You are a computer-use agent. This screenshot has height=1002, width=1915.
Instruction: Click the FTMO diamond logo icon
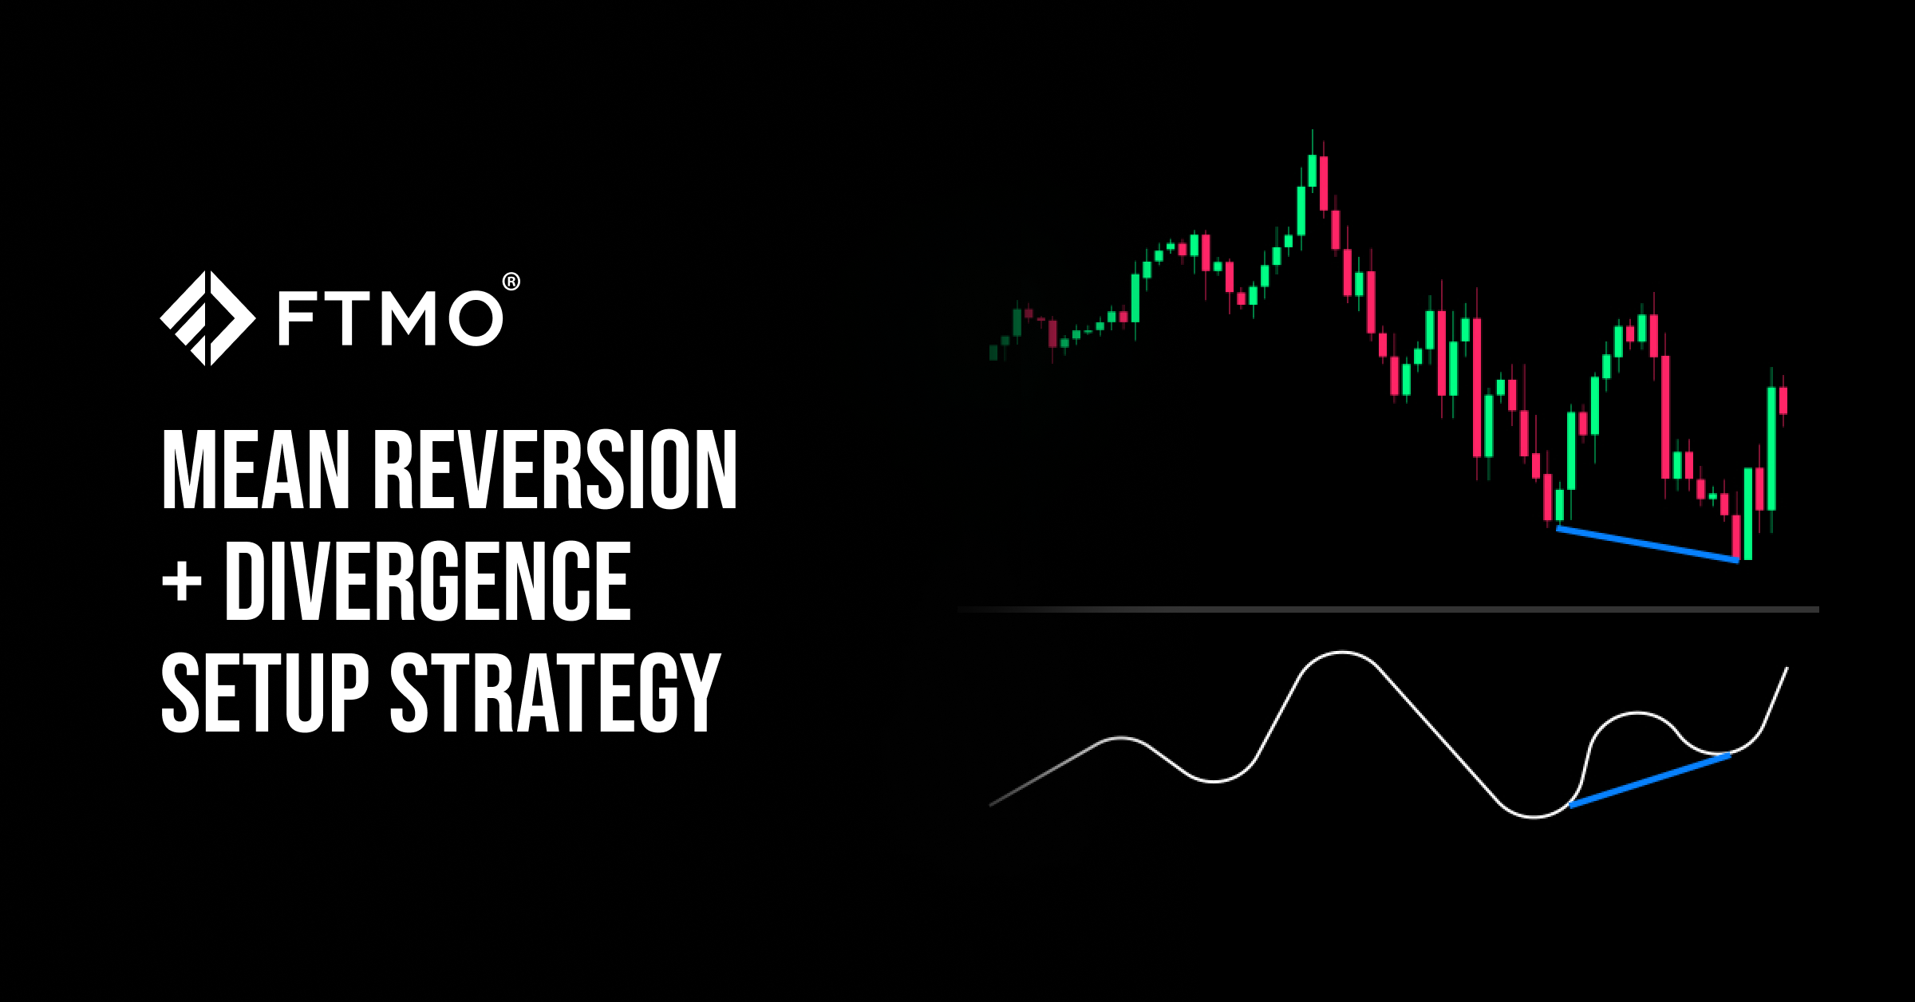point(207,318)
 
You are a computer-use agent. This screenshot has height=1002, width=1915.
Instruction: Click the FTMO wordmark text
point(390,320)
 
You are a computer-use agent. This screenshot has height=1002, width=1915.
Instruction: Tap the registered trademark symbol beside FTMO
point(511,282)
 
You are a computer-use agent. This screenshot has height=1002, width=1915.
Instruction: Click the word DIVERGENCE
point(428,582)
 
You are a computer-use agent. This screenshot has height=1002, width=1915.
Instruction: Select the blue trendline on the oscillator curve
point(1649,779)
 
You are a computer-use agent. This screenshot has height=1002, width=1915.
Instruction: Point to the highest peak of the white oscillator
point(1342,653)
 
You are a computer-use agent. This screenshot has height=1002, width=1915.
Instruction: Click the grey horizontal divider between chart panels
point(1388,609)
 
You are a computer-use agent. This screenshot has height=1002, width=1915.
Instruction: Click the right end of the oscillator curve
point(1787,668)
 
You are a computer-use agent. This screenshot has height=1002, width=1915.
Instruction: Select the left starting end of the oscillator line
point(990,805)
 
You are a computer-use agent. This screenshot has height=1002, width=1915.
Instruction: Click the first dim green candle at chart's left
point(993,352)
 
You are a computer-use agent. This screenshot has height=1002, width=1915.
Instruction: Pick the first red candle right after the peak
point(1323,183)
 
